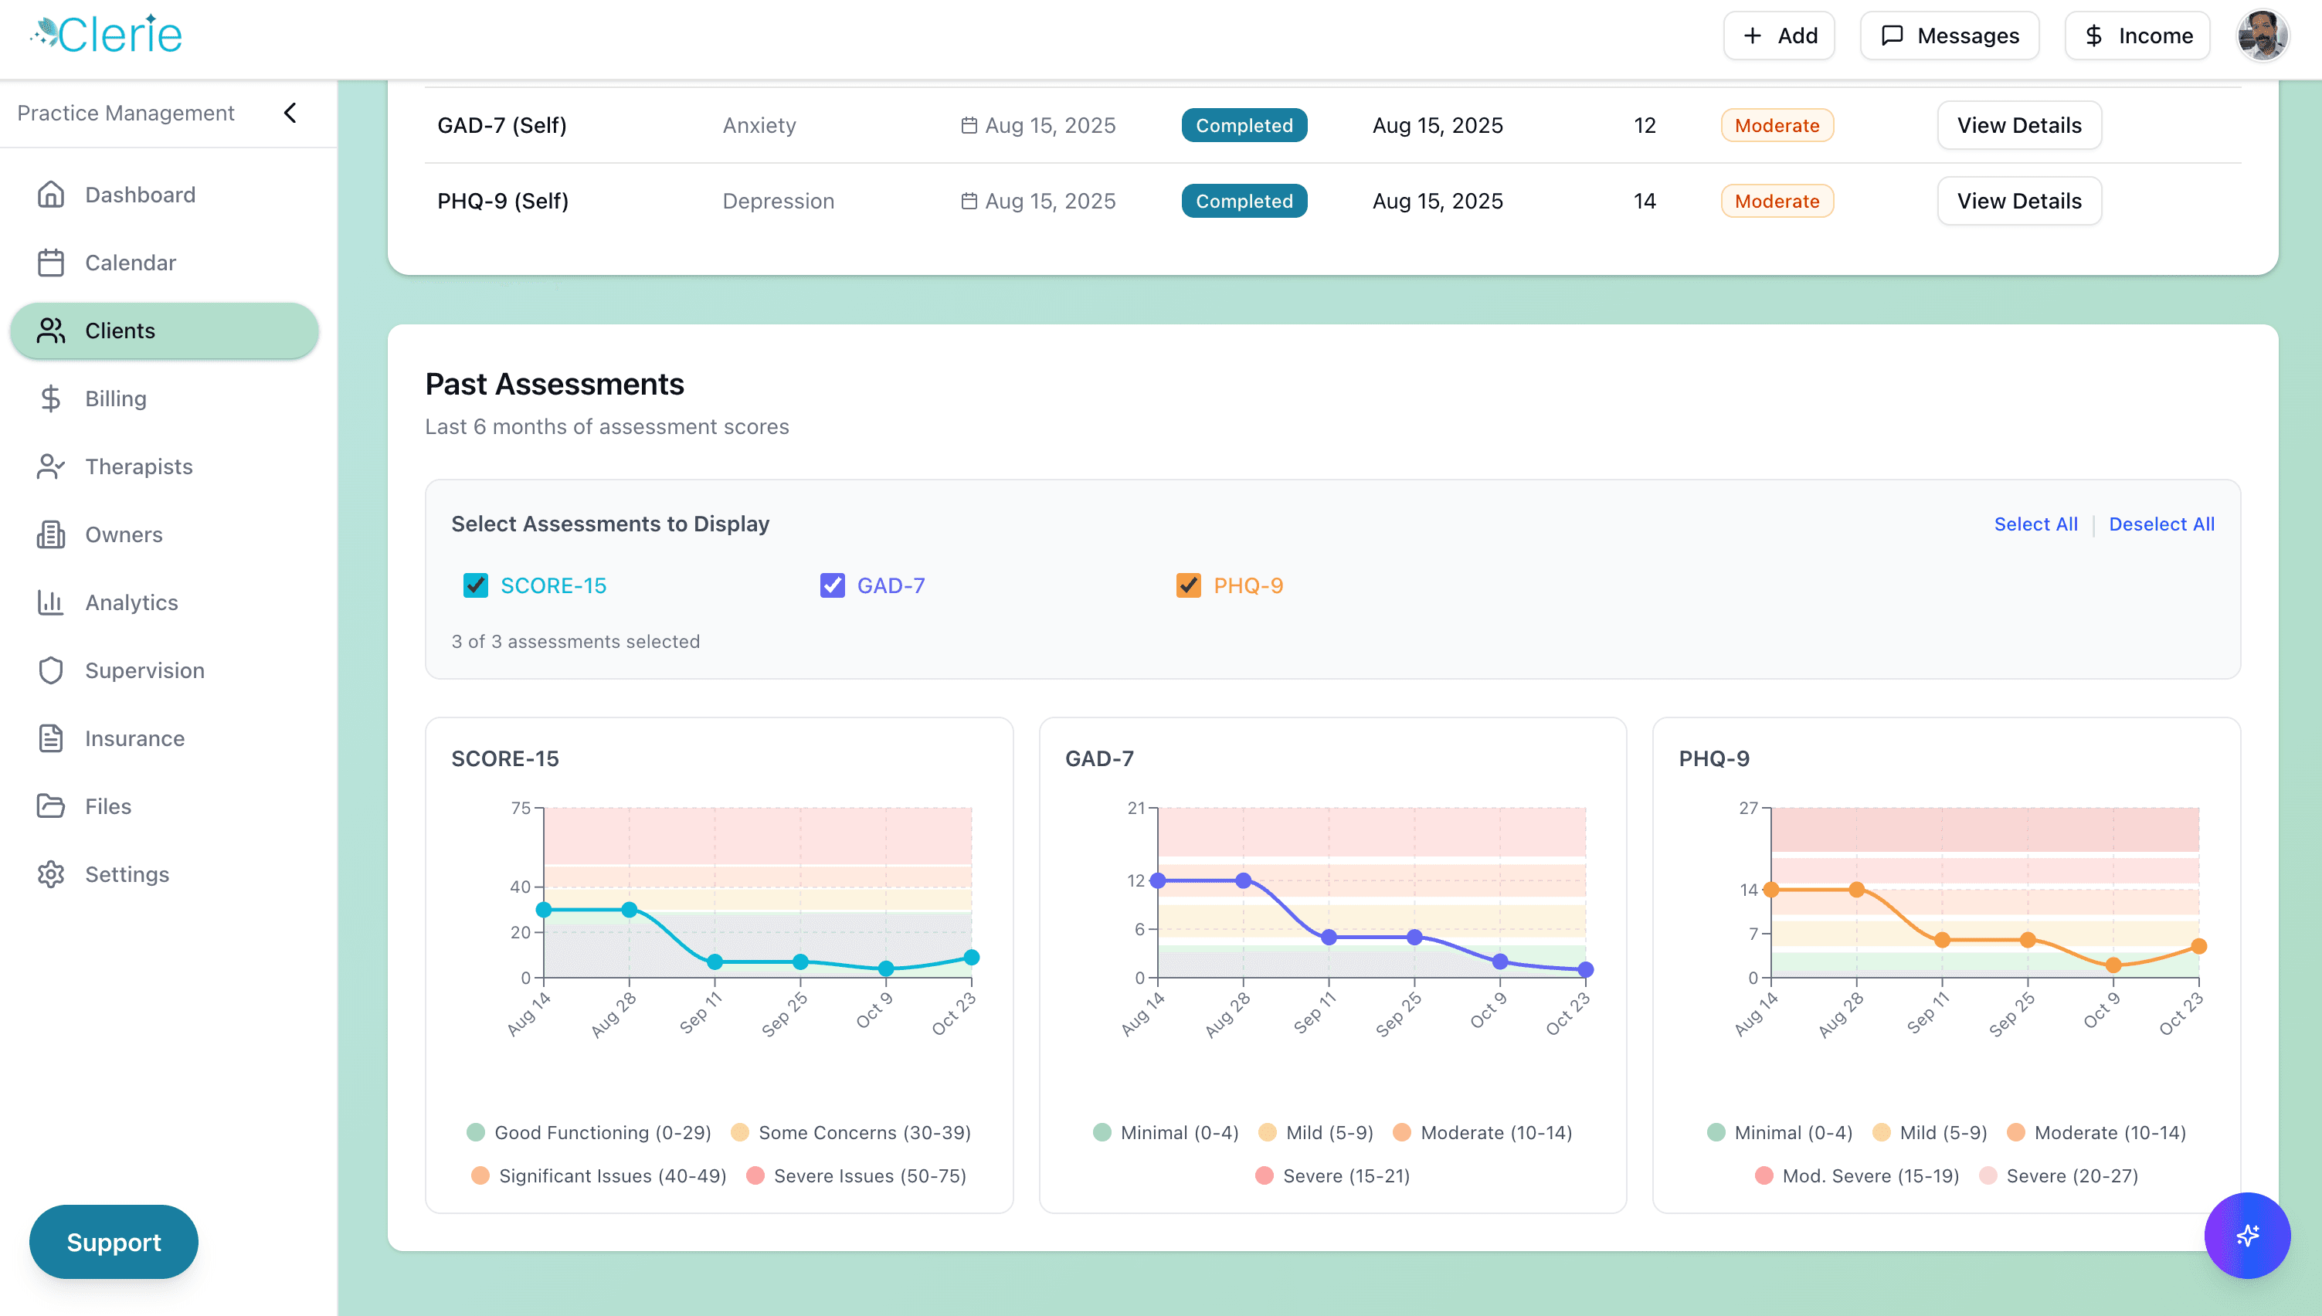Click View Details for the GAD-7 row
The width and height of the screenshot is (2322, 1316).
click(2018, 126)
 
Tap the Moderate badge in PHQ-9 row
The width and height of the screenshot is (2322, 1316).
click(1776, 202)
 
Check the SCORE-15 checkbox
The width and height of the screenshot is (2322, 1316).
click(475, 585)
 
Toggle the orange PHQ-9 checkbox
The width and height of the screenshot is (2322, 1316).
click(1188, 585)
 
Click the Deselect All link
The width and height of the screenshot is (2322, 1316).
click(2161, 524)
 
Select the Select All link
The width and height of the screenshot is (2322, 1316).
click(2035, 524)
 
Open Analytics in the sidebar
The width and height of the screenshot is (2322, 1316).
click(131, 603)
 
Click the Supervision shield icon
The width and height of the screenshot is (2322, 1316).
click(51, 670)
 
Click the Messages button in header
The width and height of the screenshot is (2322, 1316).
click(1949, 36)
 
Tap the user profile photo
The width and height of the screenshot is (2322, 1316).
click(2262, 36)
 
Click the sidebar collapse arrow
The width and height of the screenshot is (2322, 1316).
click(290, 113)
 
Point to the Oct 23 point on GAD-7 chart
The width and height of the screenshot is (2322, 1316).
click(1585, 970)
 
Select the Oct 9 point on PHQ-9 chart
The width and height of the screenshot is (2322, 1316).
click(2113, 965)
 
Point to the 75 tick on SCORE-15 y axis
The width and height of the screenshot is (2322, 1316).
click(521, 808)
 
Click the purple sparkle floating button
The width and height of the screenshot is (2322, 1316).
click(2246, 1236)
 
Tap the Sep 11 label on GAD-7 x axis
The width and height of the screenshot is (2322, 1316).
click(1313, 1013)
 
